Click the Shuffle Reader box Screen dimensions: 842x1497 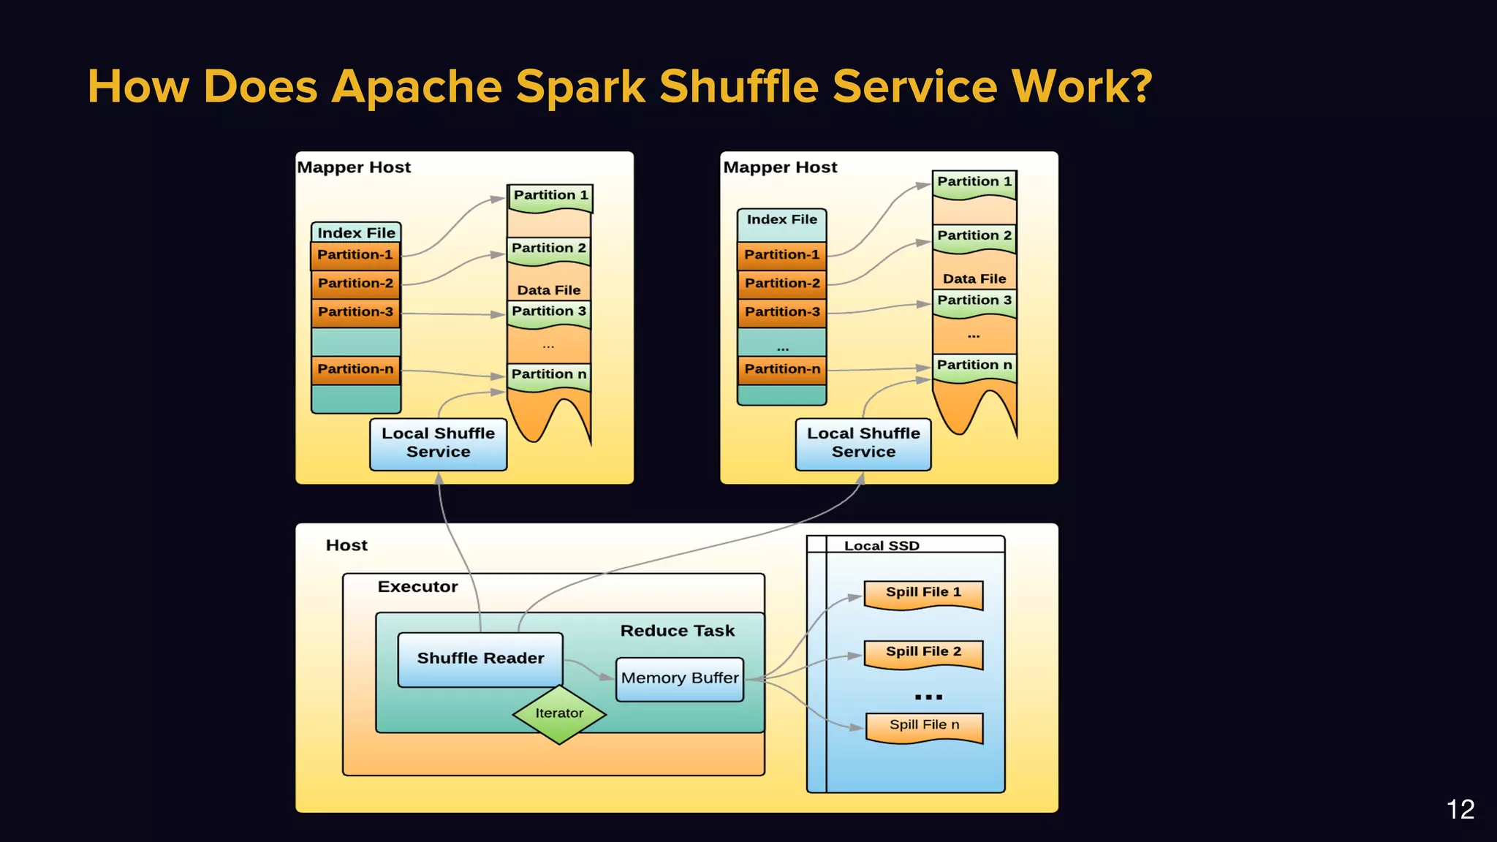coord(480,659)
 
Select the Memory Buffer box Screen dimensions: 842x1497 coord(679,678)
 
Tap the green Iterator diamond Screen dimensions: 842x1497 coord(559,714)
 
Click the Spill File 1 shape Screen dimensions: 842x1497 coord(923,593)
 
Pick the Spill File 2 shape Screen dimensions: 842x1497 coord(923,653)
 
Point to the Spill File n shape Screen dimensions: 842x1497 coord(924,726)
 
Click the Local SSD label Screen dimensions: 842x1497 coord(882,545)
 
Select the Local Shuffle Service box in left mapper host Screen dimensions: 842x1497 coord(438,443)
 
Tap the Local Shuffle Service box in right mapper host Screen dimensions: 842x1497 coord(863,443)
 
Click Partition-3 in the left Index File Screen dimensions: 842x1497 coord(355,312)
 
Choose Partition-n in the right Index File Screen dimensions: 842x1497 coord(781,369)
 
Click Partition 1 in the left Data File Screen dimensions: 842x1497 coord(550,196)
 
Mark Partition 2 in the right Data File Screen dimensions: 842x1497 coord(974,236)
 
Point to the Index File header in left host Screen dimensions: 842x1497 coord(356,232)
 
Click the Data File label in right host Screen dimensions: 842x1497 coord(974,278)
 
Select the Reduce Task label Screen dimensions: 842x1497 coord(677,631)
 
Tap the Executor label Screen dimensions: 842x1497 coord(417,587)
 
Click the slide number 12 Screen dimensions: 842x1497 coord(1460,809)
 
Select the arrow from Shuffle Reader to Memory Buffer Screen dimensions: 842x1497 coord(588,668)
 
